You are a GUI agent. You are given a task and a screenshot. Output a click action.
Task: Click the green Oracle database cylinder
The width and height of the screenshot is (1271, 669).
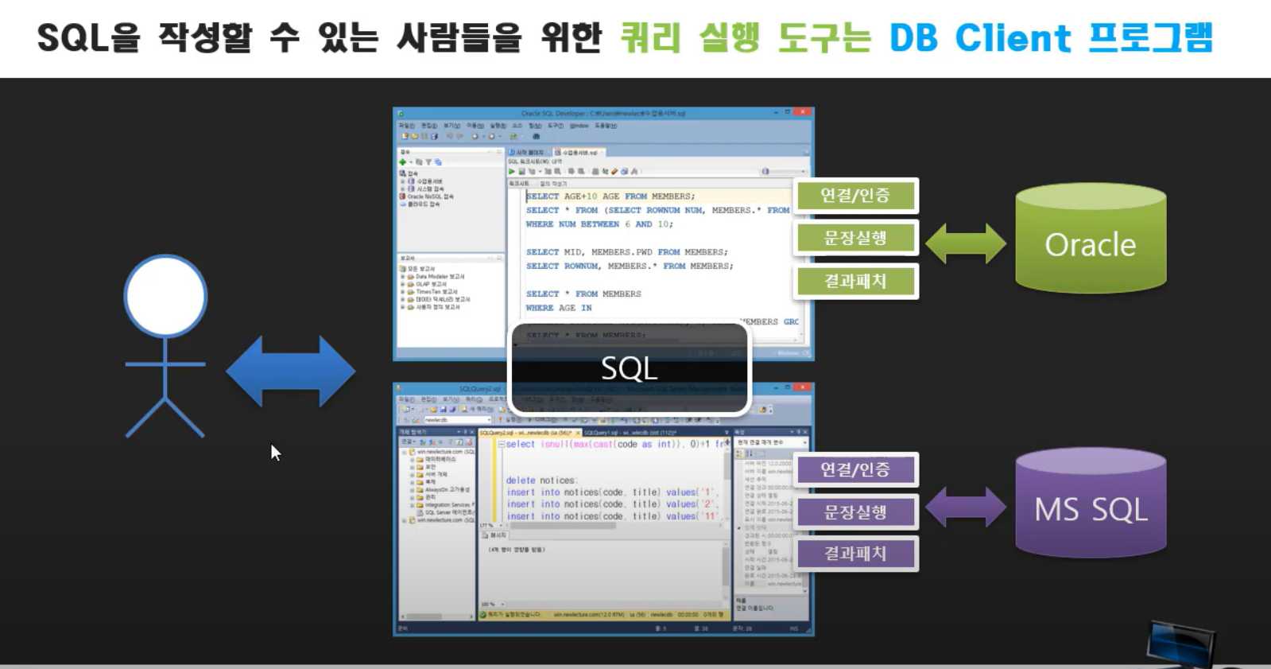pyautogui.click(x=1091, y=239)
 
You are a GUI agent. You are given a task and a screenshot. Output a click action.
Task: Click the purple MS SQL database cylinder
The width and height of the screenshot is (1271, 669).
pyautogui.click(x=1091, y=504)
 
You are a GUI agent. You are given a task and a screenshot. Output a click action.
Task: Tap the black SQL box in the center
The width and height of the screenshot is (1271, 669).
pyautogui.click(x=630, y=368)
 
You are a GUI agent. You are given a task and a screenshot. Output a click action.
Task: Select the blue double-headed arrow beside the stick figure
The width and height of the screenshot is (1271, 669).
pyautogui.click(x=291, y=371)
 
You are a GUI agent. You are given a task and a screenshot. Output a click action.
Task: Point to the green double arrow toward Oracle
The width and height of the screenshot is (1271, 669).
pyautogui.click(x=966, y=243)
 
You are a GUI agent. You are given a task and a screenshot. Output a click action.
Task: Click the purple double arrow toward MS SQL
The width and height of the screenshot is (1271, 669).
pyautogui.click(x=966, y=507)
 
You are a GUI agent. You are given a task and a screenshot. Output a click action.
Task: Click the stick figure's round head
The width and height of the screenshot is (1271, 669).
pyautogui.click(x=165, y=296)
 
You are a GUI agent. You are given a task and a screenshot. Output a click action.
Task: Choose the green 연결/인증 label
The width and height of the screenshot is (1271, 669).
pyautogui.click(x=855, y=196)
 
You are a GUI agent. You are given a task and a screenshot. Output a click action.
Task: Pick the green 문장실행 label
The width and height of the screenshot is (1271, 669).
pyautogui.click(x=855, y=238)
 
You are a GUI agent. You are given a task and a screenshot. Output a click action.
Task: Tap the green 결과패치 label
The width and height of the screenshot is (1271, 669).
pyautogui.click(x=855, y=281)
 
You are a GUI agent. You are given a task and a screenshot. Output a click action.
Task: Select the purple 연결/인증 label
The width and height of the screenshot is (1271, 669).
pyautogui.click(x=855, y=469)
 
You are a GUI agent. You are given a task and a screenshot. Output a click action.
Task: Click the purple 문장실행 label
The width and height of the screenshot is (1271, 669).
pyautogui.click(x=855, y=512)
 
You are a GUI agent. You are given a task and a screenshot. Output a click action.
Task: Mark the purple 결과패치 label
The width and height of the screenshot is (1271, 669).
pyautogui.click(x=855, y=554)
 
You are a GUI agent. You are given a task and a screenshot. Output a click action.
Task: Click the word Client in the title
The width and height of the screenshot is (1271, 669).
pyautogui.click(x=1013, y=38)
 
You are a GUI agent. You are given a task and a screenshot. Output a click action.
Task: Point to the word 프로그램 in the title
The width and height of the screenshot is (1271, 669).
pyautogui.click(x=1150, y=38)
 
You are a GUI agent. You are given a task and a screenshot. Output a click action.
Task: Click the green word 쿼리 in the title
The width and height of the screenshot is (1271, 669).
pyautogui.click(x=650, y=38)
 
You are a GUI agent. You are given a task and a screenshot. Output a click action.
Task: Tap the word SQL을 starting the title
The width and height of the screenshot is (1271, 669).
pyautogui.click(x=88, y=38)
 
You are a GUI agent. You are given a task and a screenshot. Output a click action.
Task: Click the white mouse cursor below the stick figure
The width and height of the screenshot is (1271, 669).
pyautogui.click(x=275, y=453)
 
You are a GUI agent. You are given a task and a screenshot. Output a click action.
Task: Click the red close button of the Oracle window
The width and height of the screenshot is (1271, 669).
pyautogui.click(x=803, y=113)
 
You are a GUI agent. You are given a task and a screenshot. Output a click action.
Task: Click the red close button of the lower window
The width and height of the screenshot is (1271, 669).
pyautogui.click(x=803, y=388)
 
